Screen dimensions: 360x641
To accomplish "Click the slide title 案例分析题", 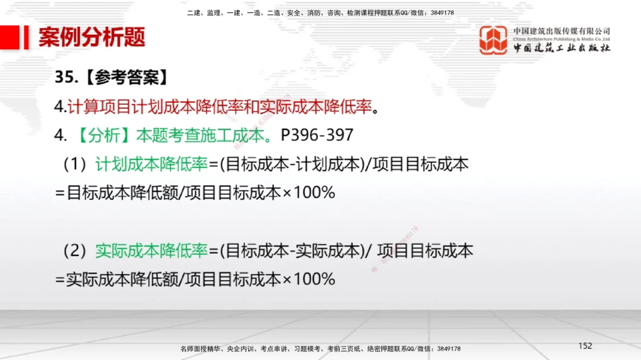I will (x=92, y=38).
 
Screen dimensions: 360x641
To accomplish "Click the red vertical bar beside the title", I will (x=27, y=38).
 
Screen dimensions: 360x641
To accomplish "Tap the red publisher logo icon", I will (x=494, y=40).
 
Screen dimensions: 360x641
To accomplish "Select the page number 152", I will (x=585, y=346).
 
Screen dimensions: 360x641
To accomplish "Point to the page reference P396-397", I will (x=317, y=136).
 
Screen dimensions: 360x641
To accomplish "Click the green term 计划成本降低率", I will (x=152, y=165).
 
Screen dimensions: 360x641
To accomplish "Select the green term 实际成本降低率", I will (x=152, y=250).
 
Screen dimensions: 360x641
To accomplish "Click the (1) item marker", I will (x=74, y=165).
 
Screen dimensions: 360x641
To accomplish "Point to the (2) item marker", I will (x=74, y=250).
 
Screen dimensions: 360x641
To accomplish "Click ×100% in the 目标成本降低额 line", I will (x=308, y=192).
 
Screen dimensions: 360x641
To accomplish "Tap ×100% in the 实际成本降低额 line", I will (x=308, y=279).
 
